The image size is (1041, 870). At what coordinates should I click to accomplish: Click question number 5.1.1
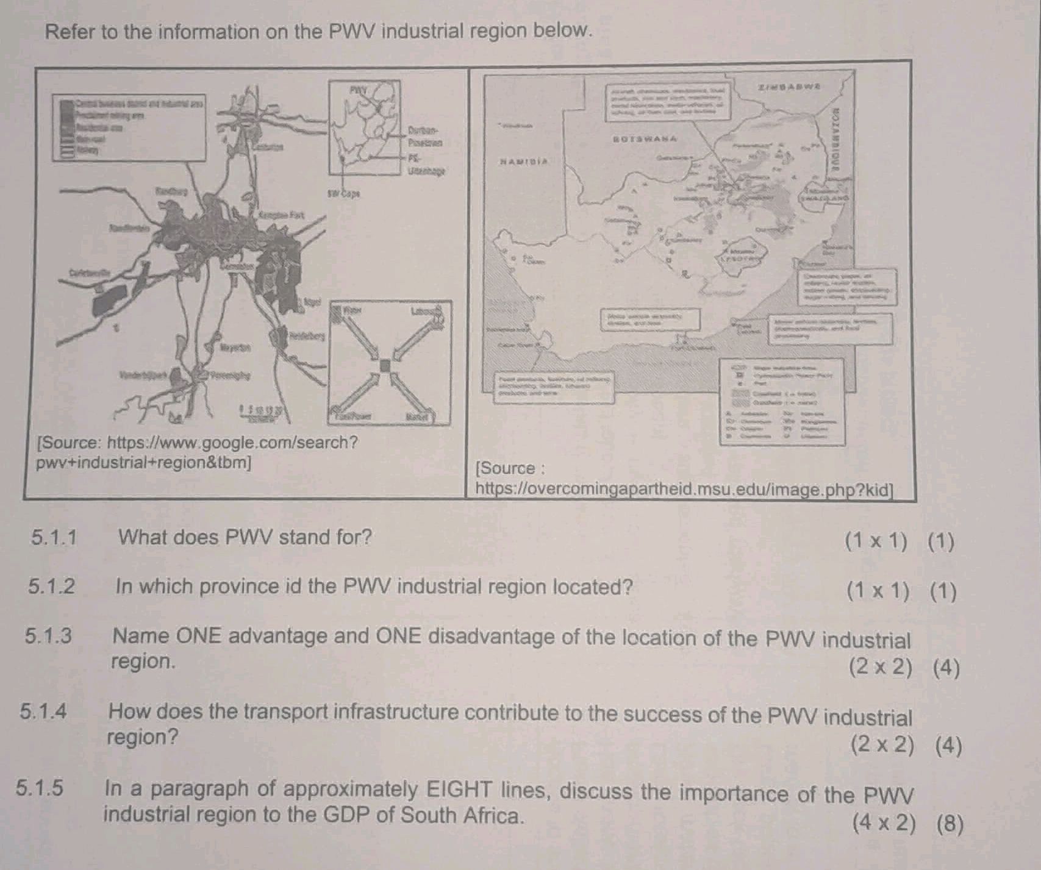(54, 538)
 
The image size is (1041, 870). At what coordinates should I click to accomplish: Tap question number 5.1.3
(48, 636)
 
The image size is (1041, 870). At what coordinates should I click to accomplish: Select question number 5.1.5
(40, 788)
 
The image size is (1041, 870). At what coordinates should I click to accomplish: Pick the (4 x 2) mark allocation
(884, 824)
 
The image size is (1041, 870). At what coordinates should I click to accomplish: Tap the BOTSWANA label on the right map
(645, 139)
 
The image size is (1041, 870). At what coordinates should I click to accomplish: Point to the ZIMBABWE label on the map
(790, 87)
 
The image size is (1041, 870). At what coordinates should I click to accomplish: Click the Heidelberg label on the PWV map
(308, 335)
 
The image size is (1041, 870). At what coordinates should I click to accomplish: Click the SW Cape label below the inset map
(343, 194)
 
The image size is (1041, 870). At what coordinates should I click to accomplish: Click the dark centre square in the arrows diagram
(384, 365)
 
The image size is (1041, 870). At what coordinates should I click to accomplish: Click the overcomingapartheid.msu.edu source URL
(684, 489)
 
